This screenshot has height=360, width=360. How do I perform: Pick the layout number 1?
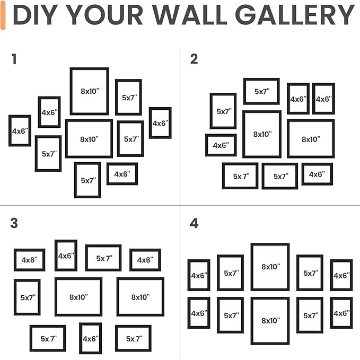14,59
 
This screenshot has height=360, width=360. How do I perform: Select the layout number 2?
194,59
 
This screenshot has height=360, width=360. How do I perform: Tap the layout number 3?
14,223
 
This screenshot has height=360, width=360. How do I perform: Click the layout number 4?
194,223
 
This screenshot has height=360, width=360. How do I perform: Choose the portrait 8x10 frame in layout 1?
89,91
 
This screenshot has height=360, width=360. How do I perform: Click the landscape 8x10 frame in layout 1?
89,139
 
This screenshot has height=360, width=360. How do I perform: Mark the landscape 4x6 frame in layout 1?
122,174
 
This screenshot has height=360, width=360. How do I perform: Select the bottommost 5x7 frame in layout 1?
87,180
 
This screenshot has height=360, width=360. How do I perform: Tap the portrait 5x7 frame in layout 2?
223,111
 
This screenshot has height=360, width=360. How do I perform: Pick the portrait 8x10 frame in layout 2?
262,134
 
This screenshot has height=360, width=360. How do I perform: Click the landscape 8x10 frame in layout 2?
311,139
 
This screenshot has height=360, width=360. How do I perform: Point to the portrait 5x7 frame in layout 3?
27,297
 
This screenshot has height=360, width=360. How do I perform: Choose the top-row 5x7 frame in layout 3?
103,258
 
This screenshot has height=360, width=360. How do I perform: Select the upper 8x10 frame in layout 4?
270,267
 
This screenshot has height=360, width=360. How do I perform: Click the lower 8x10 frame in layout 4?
270,321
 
